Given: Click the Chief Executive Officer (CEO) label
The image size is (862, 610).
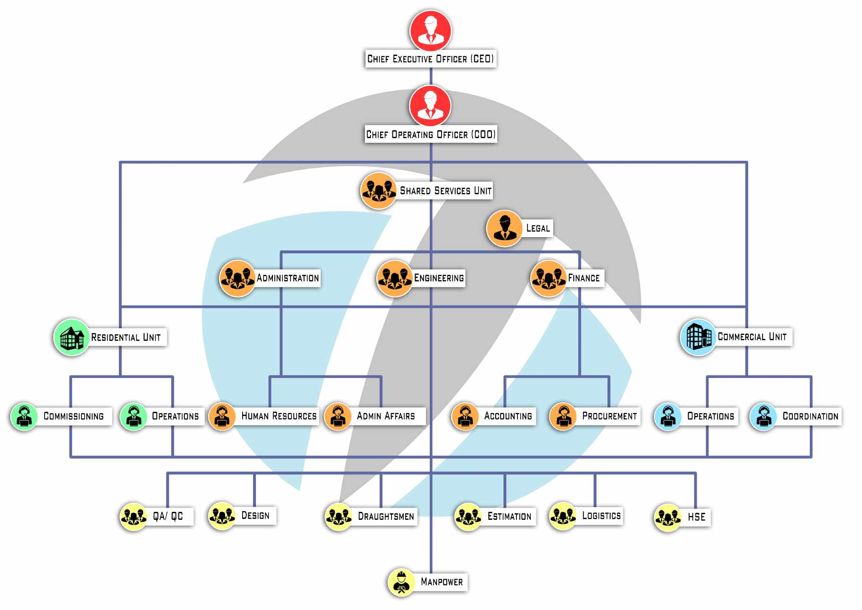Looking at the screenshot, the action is click(430, 59).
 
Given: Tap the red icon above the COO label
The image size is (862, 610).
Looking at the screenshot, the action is click(430, 105).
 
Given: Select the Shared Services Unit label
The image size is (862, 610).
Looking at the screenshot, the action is click(445, 191).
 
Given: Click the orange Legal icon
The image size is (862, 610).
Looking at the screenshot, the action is click(505, 229).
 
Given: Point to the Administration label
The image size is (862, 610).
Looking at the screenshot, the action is click(288, 278).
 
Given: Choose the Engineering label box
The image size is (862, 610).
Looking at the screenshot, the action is click(439, 278).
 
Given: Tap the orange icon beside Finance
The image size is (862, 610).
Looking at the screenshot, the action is click(548, 278).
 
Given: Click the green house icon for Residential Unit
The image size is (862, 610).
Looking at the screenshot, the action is click(72, 337).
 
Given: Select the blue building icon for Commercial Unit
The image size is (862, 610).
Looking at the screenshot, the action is click(698, 337).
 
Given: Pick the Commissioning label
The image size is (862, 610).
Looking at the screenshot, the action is click(73, 416).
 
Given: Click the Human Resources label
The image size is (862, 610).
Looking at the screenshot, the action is click(279, 416).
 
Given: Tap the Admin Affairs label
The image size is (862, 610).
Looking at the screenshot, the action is click(386, 416).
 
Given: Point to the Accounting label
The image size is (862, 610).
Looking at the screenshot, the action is click(508, 416).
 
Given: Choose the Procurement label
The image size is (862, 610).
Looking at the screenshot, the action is click(609, 416).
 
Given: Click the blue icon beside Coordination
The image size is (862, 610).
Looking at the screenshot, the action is click(763, 416).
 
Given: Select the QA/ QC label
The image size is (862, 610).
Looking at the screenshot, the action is click(168, 516).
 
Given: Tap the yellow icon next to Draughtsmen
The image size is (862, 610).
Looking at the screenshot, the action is click(338, 517).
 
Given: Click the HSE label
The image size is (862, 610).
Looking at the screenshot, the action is click(697, 517).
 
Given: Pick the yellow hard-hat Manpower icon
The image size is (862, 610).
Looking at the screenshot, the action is click(401, 582).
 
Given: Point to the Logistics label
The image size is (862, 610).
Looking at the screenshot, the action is click(601, 516).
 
